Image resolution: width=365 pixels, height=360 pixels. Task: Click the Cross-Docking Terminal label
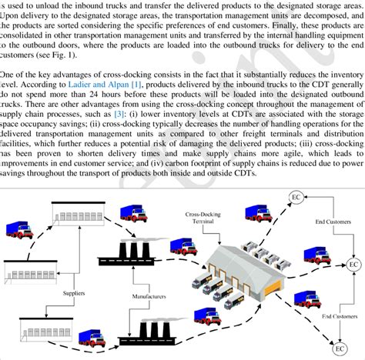tap(203, 215)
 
